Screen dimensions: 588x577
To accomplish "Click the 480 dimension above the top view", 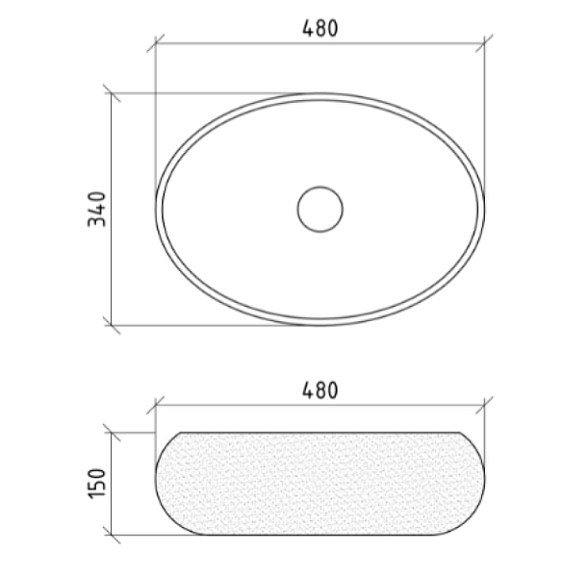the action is pyautogui.click(x=320, y=29).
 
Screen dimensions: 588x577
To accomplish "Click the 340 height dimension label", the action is pyautogui.click(x=97, y=209).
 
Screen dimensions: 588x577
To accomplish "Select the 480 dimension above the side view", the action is pyautogui.click(x=320, y=390).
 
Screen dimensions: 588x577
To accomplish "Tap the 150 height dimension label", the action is pyautogui.click(x=97, y=484).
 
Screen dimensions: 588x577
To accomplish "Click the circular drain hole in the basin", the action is pyautogui.click(x=320, y=209).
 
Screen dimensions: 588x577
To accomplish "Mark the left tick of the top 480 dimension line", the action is pyautogui.click(x=155, y=43).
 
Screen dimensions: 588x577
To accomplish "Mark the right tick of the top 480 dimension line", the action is pyautogui.click(x=484, y=43).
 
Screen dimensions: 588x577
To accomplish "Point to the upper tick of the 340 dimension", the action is pyautogui.click(x=112, y=93).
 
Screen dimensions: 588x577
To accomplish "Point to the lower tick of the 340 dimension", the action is pyautogui.click(x=112, y=325).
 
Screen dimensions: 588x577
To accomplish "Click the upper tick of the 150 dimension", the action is pyautogui.click(x=112, y=433).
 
